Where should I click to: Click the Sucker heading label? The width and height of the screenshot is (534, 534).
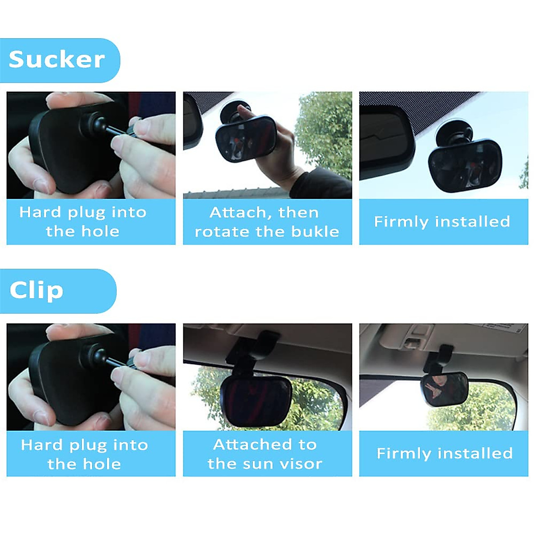click(x=57, y=60)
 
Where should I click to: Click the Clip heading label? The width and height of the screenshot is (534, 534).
click(x=36, y=291)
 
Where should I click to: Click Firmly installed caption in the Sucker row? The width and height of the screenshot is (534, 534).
click(x=442, y=222)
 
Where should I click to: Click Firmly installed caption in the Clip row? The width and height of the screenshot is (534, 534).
click(x=445, y=453)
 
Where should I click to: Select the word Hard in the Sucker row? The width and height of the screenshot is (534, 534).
click(x=40, y=212)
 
